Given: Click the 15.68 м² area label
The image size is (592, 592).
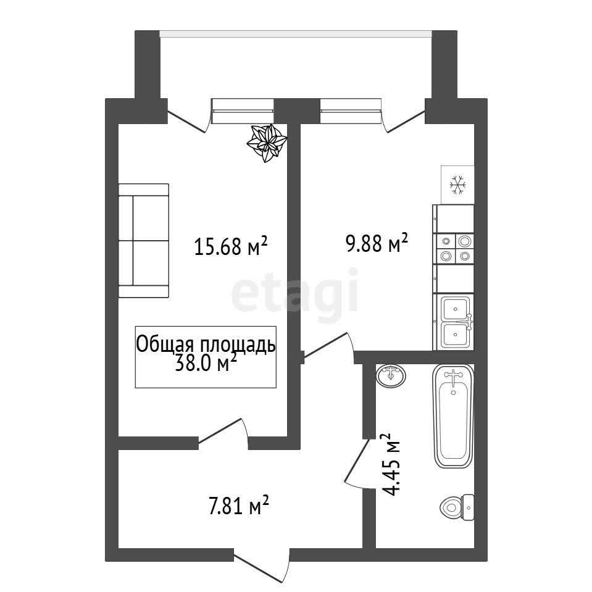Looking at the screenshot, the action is pos(231,246).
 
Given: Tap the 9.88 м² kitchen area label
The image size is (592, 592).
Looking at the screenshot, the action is pos(377,243).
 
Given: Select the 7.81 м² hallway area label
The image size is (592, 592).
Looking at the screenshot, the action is pos(239,505).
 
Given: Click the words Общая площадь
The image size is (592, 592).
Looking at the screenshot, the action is pos(206,344).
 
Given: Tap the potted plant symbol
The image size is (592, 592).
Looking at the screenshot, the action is pos(267,143).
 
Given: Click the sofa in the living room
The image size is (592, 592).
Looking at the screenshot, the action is pos(143,241).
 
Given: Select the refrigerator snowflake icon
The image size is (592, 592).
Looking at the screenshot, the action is pos(457,185).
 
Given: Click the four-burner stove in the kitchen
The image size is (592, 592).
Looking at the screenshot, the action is pos(455,248).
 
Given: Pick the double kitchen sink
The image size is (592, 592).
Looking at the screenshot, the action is pos(456,322).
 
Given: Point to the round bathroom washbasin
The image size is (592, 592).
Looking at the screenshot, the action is pos(391,375).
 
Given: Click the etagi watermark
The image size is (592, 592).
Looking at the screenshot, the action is pos(295,291).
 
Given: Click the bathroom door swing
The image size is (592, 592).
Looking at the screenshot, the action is pos(357,462).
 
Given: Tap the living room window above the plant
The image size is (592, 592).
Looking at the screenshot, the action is pos(243,111).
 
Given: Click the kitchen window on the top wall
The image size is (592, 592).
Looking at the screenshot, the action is pos(351,111).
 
